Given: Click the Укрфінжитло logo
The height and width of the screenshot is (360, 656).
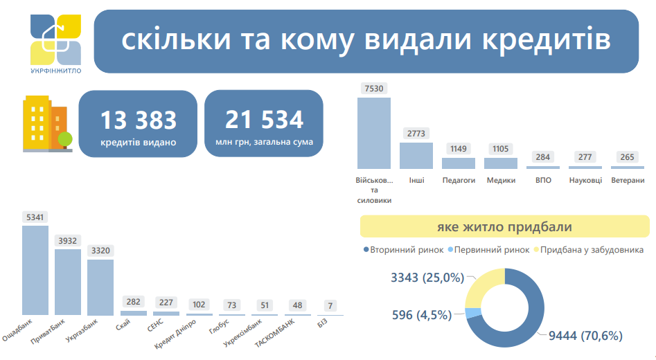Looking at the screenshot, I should [55, 40].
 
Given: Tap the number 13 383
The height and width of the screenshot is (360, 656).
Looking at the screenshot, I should [138, 120].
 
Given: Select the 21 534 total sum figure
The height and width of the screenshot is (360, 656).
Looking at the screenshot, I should [264, 120].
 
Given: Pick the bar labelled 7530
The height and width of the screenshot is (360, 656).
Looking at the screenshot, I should [373, 132].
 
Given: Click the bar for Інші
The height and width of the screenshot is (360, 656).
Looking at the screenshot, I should [416, 155].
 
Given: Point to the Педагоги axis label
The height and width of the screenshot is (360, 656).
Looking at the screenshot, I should [459, 180].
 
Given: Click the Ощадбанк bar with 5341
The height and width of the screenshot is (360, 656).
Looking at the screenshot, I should [35, 270].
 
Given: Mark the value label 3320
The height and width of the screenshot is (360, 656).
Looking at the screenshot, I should [100, 250].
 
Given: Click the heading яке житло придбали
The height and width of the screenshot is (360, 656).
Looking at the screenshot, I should [504, 226].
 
